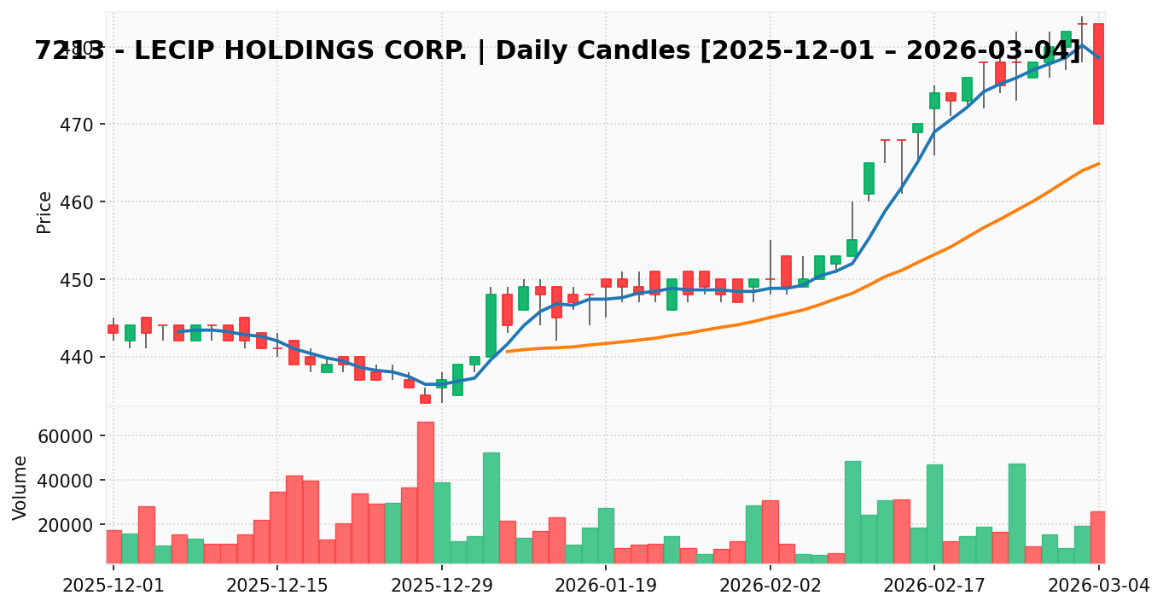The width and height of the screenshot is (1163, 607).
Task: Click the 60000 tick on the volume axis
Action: click(64, 436)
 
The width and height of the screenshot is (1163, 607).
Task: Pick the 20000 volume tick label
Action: click(64, 525)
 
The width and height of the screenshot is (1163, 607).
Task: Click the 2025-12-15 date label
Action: click(276, 586)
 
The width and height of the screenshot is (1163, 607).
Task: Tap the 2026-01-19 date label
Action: click(605, 586)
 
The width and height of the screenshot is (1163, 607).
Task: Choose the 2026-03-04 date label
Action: click(1098, 586)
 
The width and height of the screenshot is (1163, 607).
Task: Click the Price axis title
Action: click(44, 212)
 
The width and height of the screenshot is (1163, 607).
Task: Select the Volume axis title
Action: click(20, 487)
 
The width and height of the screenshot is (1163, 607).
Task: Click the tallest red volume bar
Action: click(425, 492)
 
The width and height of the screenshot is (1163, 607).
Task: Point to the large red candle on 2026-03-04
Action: click(1098, 73)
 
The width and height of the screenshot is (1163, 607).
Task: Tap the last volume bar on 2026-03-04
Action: click(1098, 537)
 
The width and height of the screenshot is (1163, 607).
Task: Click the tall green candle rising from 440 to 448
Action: click(491, 325)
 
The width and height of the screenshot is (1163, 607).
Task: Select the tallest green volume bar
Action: click(491, 507)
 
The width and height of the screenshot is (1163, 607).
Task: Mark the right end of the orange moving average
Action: click(1099, 163)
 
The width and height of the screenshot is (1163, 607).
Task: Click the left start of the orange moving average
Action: click(507, 351)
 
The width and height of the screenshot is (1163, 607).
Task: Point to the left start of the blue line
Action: click(178, 331)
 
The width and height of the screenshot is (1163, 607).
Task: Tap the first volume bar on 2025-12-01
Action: click(113, 546)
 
